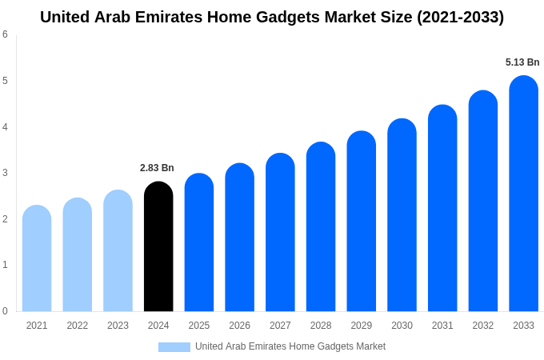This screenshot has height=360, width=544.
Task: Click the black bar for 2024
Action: coord(158,248)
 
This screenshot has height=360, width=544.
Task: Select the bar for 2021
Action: coord(37,260)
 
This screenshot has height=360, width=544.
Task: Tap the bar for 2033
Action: coord(523,196)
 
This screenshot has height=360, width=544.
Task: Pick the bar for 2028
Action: coord(321,228)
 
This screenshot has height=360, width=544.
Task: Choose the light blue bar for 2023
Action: coord(118,252)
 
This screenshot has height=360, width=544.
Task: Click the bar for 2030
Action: coord(402,216)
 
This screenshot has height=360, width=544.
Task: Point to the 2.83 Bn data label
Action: coord(157,168)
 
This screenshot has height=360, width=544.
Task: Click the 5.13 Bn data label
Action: coord(522,62)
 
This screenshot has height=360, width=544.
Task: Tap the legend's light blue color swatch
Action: coord(174,347)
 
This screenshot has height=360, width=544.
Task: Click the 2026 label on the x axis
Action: coord(239,326)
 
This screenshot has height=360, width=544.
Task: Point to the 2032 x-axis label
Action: coord(483,326)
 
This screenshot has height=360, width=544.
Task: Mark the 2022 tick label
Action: coord(78,326)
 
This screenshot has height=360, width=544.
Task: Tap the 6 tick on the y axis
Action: coord(5,34)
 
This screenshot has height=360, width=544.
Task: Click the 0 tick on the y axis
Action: coord(5,311)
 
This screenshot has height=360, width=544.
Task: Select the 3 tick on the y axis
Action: coord(5,173)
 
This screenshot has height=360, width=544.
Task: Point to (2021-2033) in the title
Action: coord(460,17)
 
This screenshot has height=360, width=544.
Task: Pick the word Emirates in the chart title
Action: coord(154,17)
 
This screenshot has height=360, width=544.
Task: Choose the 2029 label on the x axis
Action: coord(361,326)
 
